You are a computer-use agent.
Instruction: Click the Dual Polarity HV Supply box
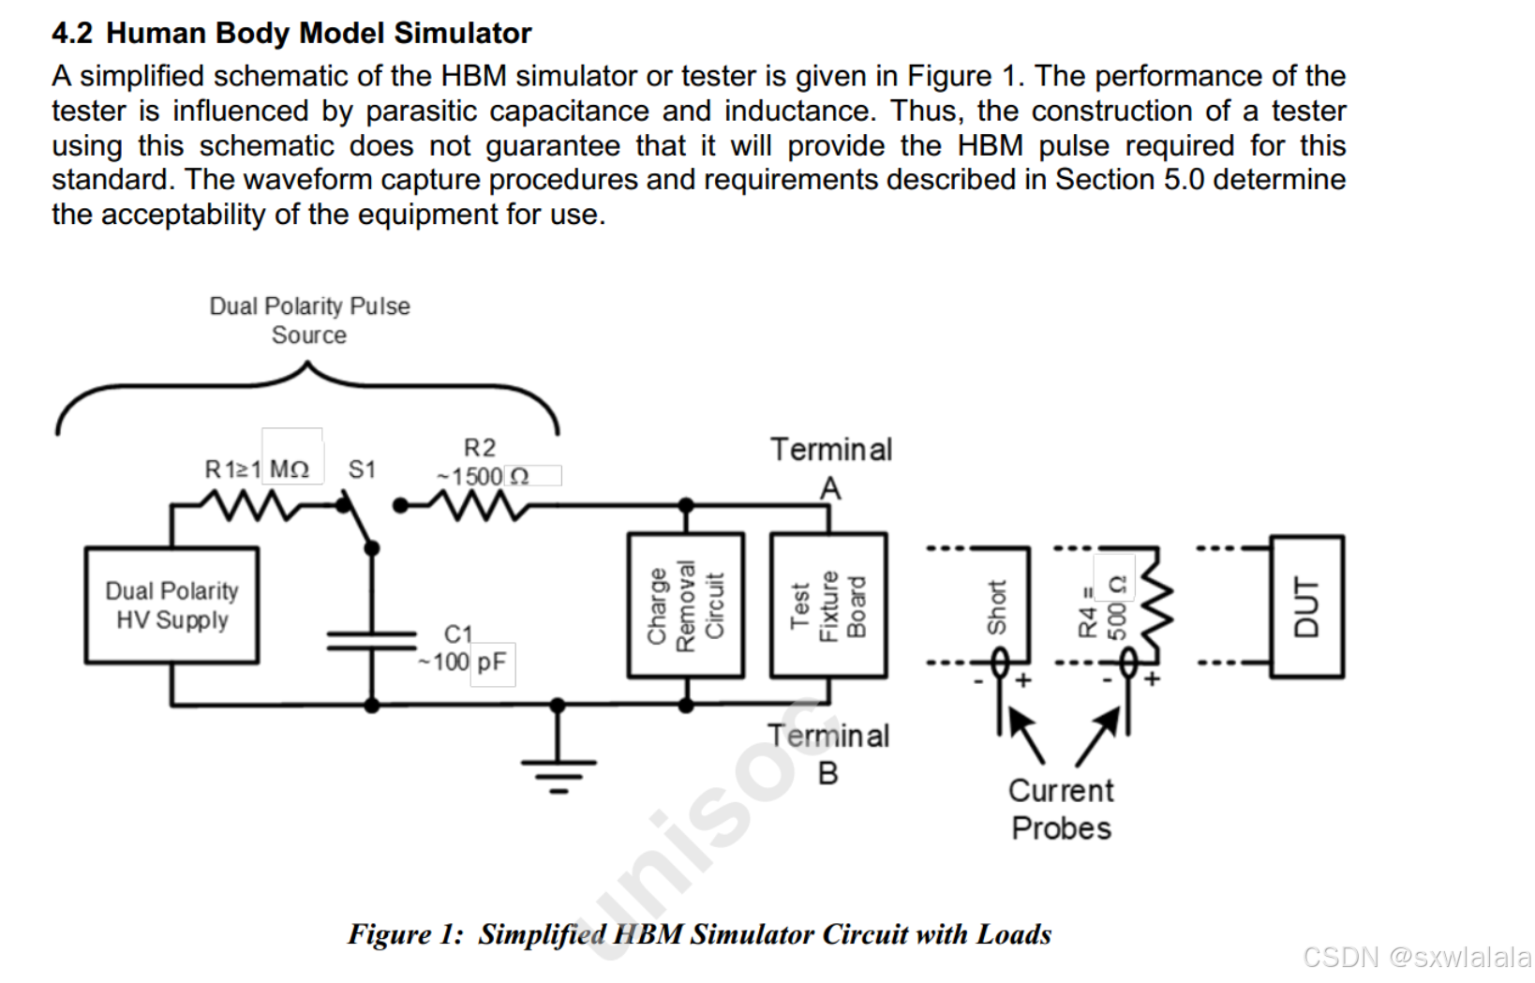[171, 605]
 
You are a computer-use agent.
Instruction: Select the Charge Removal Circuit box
[686, 605]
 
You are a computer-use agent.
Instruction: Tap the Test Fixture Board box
[828, 605]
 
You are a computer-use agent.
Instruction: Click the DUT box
[1307, 606]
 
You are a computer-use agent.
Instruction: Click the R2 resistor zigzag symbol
[479, 507]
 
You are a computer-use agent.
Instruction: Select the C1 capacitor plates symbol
[372, 640]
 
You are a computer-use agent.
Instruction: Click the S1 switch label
[362, 469]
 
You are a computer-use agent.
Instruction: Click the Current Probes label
[1061, 810]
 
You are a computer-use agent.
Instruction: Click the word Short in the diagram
[996, 606]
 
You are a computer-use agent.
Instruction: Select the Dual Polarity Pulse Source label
[309, 320]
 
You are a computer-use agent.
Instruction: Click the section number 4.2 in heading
[72, 34]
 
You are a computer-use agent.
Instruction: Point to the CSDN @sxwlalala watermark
[1416, 957]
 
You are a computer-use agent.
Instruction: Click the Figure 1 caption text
[699, 934]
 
